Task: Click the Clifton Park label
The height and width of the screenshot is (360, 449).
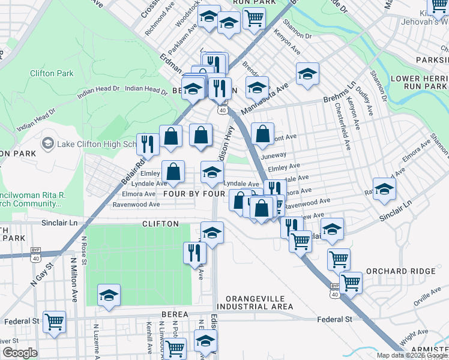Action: tap(52, 73)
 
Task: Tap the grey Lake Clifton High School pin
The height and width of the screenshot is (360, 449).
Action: tap(47, 144)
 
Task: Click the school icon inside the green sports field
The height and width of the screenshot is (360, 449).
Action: tap(109, 295)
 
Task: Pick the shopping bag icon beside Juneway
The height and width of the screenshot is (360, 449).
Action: tap(262, 134)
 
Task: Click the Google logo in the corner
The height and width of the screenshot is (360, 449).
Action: tap(19, 353)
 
